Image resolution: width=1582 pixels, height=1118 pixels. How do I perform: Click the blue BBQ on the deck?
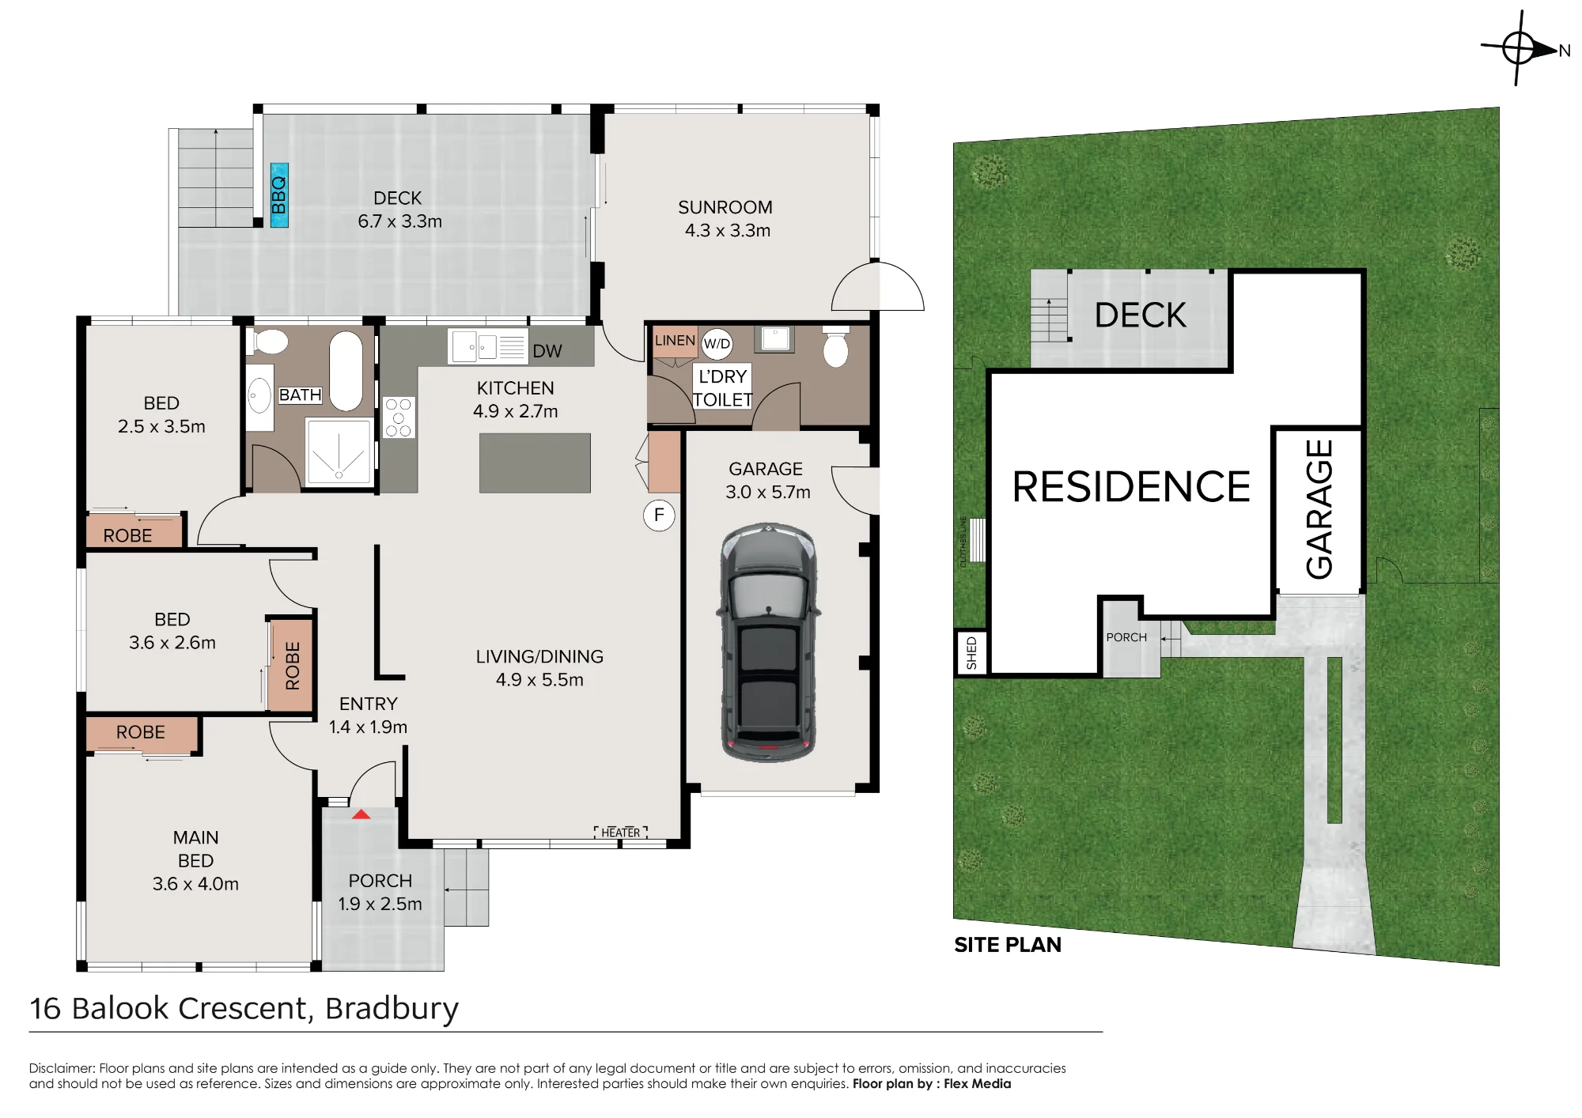click(x=279, y=195)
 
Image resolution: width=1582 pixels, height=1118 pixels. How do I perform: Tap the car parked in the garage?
click(x=768, y=642)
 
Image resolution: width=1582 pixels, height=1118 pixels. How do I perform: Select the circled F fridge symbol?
click(x=659, y=516)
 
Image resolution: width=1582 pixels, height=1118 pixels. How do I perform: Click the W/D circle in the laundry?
click(x=717, y=344)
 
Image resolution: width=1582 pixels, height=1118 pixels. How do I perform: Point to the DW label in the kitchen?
click(x=547, y=351)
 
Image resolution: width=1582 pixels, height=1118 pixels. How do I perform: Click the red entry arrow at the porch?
click(x=361, y=814)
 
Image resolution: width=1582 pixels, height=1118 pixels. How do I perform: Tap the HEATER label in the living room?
click(x=621, y=833)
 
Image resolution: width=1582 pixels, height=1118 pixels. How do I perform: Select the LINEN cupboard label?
click(x=675, y=341)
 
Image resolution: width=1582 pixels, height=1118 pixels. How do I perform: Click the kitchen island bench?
click(x=535, y=463)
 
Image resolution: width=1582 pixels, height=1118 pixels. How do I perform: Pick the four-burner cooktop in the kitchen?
click(x=399, y=417)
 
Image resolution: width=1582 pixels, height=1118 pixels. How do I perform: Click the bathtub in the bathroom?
click(x=346, y=371)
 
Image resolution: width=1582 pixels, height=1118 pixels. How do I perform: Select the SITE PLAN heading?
click(x=1008, y=945)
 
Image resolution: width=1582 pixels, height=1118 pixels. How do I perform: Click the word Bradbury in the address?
click(x=392, y=1009)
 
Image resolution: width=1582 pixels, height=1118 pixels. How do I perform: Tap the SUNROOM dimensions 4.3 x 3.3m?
click(x=728, y=231)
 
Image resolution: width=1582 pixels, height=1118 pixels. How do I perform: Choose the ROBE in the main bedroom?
click(x=141, y=733)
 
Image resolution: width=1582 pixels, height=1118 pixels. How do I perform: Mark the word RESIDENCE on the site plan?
click(x=1131, y=486)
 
